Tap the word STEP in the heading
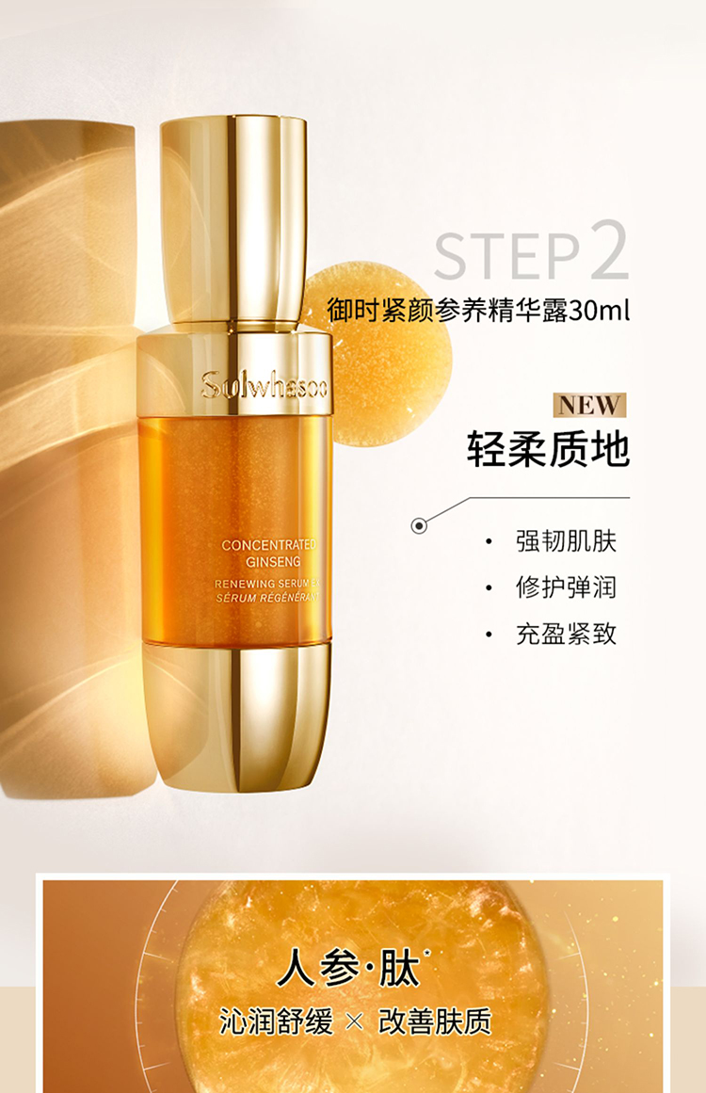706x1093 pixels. [x=506, y=256]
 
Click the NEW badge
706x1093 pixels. [x=589, y=405]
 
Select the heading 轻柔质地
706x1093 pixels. [x=548, y=448]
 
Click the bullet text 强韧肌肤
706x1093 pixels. [x=566, y=541]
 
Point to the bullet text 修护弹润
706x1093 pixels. [x=566, y=587]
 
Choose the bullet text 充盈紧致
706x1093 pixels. [x=566, y=634]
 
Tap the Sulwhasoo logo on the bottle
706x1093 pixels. [x=264, y=385]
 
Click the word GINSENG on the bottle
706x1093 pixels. [x=273, y=562]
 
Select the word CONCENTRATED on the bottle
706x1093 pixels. [x=269, y=545]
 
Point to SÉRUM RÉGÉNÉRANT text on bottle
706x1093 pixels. [x=267, y=598]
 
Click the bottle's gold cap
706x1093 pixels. [x=233, y=221]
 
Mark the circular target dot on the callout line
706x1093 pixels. [x=419, y=525]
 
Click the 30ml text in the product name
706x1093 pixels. [x=600, y=310]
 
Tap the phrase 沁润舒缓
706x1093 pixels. [x=276, y=1021]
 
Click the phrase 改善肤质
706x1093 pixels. [x=435, y=1021]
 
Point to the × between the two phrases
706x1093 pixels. [x=355, y=1022]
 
